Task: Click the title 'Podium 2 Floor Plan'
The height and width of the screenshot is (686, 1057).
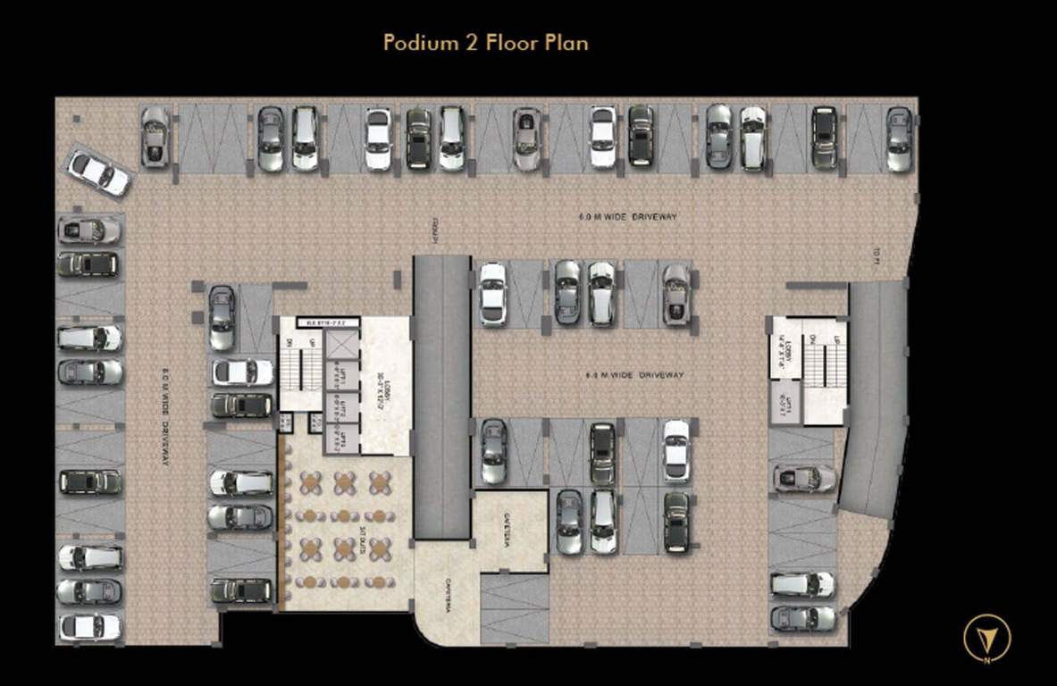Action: click(485, 42)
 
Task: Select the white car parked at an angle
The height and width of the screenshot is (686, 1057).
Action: click(99, 172)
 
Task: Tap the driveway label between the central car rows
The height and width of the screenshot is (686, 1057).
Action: click(629, 375)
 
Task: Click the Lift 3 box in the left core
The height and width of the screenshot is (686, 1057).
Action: click(343, 440)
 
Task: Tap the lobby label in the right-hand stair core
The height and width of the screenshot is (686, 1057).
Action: click(784, 348)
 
